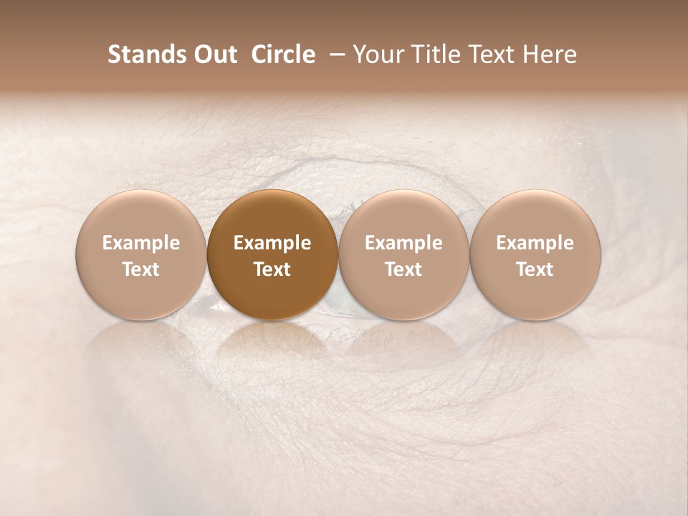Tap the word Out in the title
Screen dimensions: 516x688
click(214, 55)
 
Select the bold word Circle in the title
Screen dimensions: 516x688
click(283, 55)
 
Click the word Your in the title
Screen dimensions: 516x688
click(378, 55)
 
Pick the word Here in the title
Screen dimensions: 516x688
click(550, 55)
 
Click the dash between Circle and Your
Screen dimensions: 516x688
click(334, 55)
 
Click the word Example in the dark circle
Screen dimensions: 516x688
click(272, 243)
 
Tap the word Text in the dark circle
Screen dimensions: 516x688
click(272, 269)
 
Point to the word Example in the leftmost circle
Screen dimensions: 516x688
click(140, 243)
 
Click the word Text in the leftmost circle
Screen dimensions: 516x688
click(140, 269)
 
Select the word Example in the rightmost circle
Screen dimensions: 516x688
click(535, 243)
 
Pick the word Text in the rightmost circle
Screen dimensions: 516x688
click(535, 269)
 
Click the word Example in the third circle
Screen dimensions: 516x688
click(403, 243)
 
